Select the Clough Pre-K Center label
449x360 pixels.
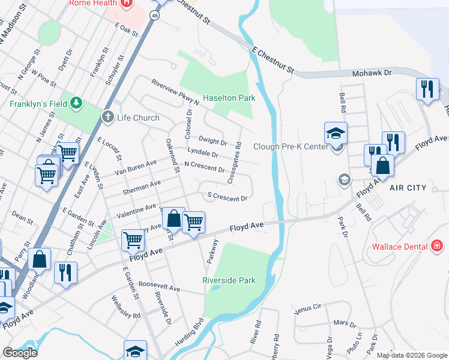click(x=290, y=146)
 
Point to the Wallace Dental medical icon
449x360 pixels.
click(x=437, y=246)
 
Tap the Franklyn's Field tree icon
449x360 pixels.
click(x=76, y=103)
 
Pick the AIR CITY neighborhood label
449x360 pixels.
click(x=408, y=188)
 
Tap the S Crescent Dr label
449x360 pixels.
click(x=228, y=197)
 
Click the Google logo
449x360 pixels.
click(x=19, y=353)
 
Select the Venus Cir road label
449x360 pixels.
click(x=309, y=310)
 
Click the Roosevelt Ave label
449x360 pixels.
click(x=159, y=288)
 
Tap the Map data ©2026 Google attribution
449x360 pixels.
click(x=411, y=355)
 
